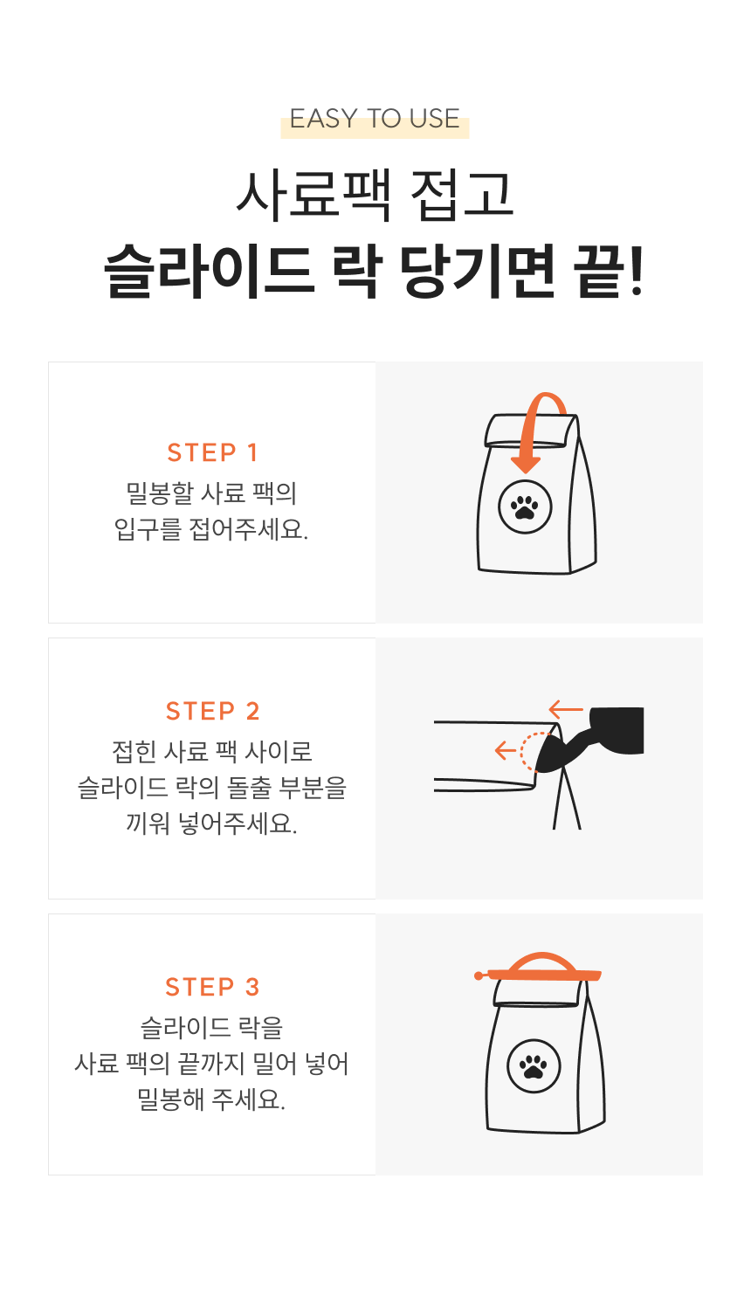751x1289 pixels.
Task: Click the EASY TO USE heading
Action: click(x=375, y=119)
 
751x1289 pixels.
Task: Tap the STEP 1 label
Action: click(x=212, y=453)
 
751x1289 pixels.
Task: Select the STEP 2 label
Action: click(x=212, y=711)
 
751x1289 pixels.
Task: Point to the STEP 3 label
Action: click(x=212, y=987)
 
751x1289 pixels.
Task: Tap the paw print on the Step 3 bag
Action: click(x=534, y=1066)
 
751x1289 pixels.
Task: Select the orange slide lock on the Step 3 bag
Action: click(x=538, y=969)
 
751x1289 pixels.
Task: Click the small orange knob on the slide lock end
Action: click(x=479, y=975)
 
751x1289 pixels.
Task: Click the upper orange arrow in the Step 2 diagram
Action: click(x=566, y=709)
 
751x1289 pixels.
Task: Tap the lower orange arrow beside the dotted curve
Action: click(x=506, y=750)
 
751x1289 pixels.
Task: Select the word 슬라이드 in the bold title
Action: click(x=210, y=271)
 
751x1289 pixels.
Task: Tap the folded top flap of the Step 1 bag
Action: click(x=531, y=431)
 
